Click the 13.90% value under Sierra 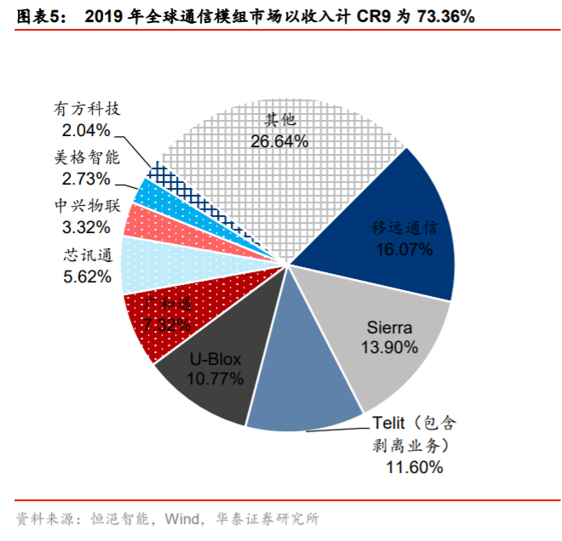coord(389,346)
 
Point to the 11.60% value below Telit coord(415,467)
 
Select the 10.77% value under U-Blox coord(216,376)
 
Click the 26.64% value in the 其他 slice coord(279,141)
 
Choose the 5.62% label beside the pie coord(87,276)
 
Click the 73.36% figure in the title coord(441,15)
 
